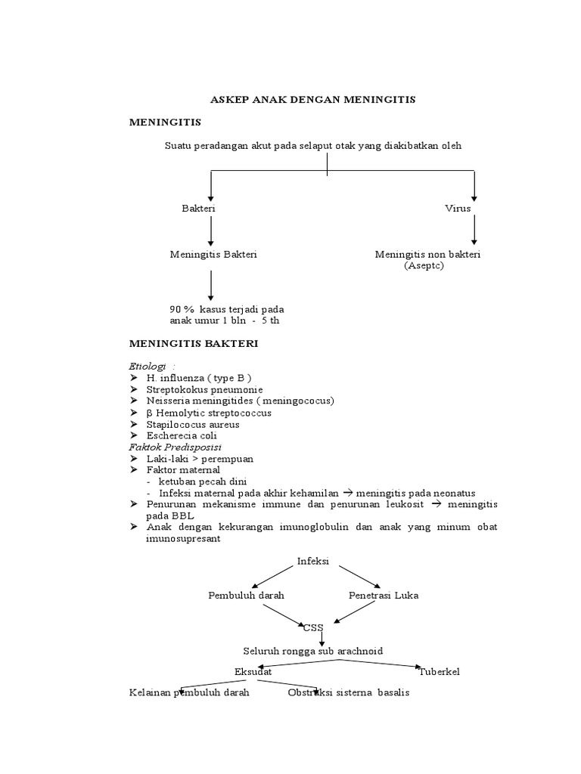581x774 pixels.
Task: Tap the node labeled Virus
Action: (x=458, y=207)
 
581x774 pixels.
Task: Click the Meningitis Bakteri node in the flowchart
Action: (x=213, y=255)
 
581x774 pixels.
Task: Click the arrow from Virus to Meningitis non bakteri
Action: (x=474, y=229)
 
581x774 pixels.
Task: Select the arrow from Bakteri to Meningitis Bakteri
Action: (x=211, y=230)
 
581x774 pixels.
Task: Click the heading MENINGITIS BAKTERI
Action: (x=194, y=343)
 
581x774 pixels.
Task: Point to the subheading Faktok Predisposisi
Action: (x=172, y=447)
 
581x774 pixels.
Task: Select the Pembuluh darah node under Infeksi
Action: (x=246, y=596)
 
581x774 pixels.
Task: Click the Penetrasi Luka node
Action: (x=384, y=596)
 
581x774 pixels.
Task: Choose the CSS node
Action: (x=313, y=627)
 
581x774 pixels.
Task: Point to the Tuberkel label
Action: (x=439, y=671)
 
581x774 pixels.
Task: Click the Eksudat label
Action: (x=254, y=671)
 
